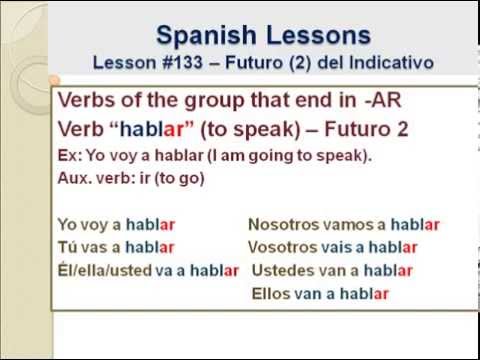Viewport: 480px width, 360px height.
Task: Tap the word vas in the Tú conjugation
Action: [100, 247]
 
